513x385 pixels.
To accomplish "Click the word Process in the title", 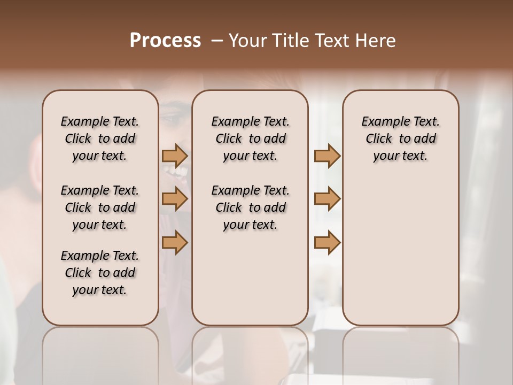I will coord(165,41).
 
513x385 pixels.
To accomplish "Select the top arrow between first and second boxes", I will coord(175,156).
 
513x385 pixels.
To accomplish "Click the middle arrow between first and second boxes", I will coord(175,199).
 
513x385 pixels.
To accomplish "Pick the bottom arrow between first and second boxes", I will coord(175,242).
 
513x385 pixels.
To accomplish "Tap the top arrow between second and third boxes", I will coord(327,156).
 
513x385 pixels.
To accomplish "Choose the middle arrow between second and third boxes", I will coord(327,199).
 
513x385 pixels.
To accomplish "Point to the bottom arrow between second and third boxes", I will coord(327,242).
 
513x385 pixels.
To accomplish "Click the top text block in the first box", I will coord(100,138).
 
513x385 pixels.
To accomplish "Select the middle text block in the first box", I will coord(100,207).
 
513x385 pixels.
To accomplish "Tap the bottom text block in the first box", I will coord(100,273).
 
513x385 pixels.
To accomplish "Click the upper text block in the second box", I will coord(250,138).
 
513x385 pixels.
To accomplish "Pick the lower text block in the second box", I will coord(250,207).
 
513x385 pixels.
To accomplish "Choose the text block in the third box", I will coord(400,138).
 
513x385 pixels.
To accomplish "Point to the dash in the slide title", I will coord(217,41).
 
